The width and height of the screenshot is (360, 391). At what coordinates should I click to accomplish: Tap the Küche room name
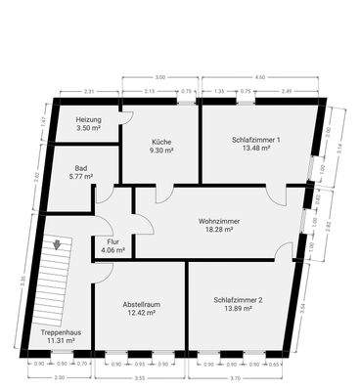(x=161, y=141)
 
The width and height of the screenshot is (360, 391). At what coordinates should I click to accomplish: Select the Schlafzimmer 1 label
(x=256, y=141)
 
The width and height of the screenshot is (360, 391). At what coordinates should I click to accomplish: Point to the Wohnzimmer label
(x=218, y=221)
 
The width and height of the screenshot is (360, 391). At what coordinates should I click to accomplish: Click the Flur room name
(x=113, y=241)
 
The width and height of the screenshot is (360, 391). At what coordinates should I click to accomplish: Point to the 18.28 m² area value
(x=218, y=231)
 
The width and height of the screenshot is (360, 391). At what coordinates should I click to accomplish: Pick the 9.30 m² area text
(x=161, y=151)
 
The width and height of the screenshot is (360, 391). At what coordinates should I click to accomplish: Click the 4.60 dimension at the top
(x=259, y=75)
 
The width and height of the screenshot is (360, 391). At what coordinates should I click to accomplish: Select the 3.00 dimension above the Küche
(x=160, y=75)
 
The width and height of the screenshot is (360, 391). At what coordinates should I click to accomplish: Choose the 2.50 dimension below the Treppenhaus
(x=60, y=376)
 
